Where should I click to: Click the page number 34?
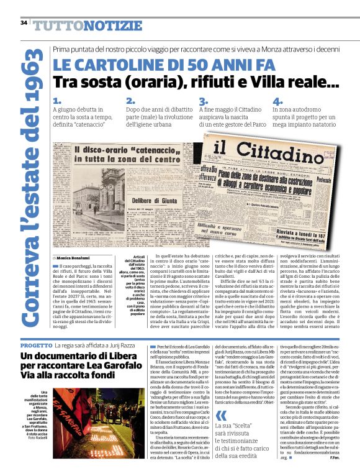click(x=24, y=23)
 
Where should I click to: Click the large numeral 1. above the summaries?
click(x=57, y=101)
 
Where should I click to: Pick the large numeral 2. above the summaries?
click(x=130, y=101)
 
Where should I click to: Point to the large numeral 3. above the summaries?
click(x=203, y=101)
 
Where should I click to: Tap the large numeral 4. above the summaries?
click(x=277, y=101)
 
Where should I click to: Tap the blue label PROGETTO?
click(x=36, y=345)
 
